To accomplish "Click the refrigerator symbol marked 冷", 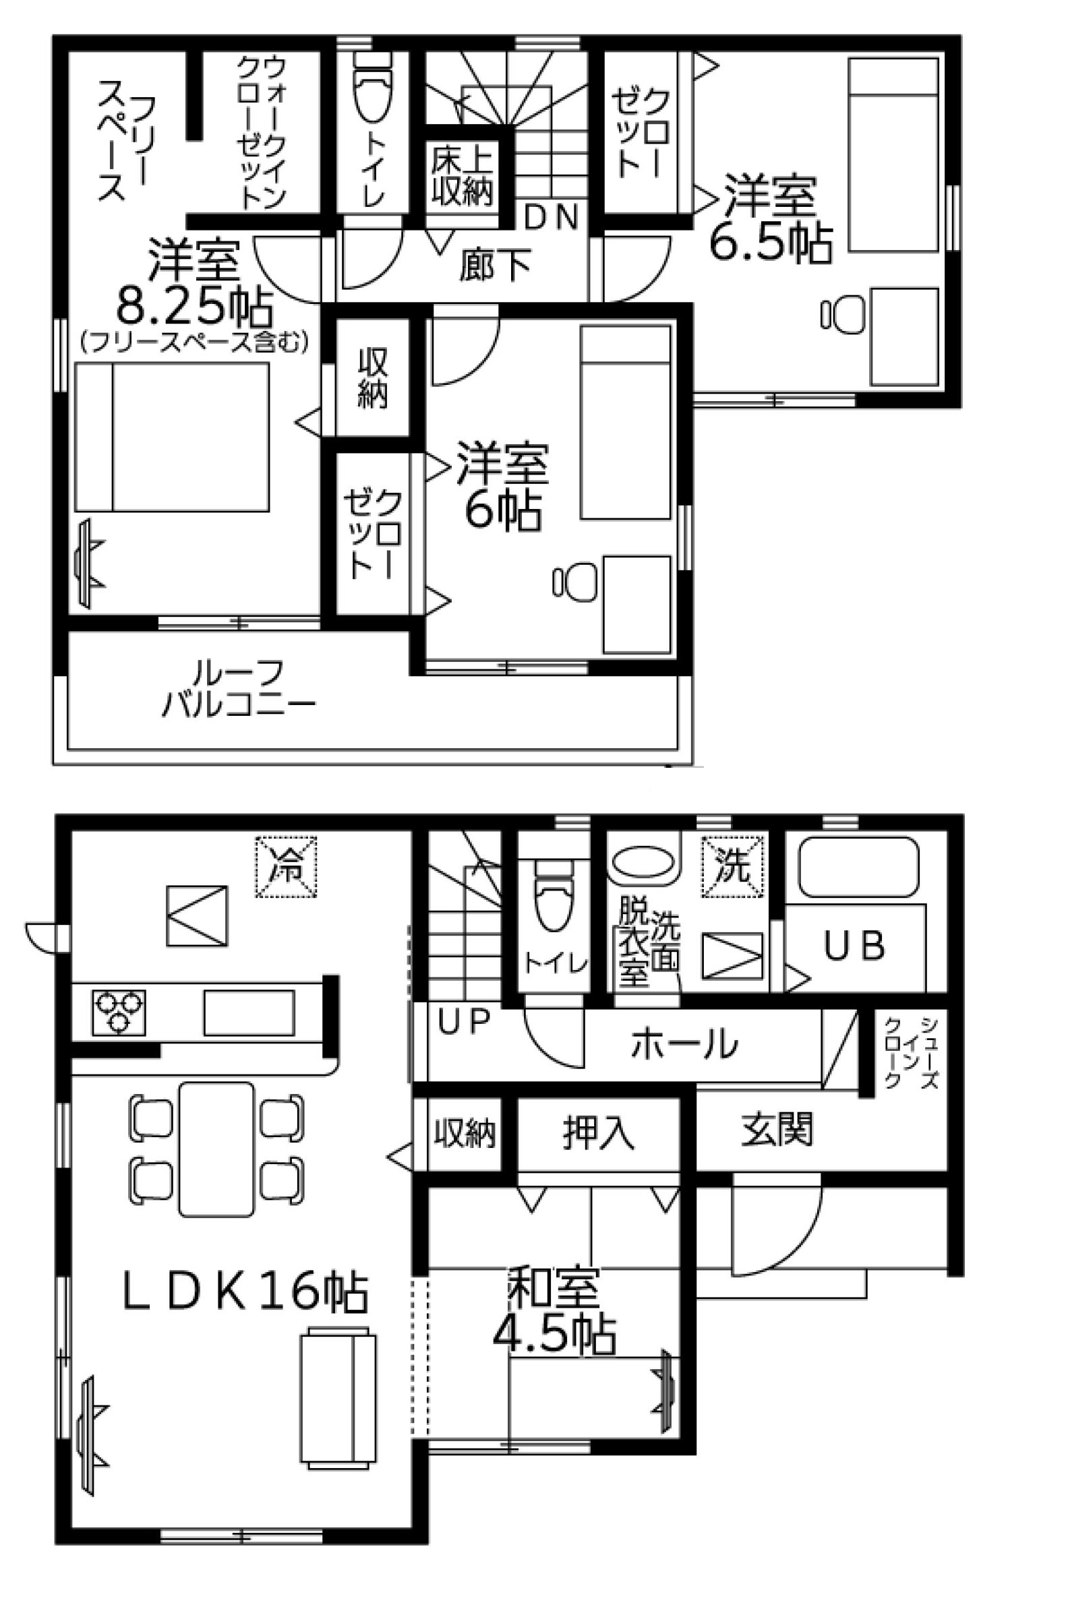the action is coord(286,866).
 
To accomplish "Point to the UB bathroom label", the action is coord(854,946).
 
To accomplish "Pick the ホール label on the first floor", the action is coord(684,1043).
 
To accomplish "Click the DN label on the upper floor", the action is coord(552,217).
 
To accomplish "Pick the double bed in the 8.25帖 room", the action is coord(172,437).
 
